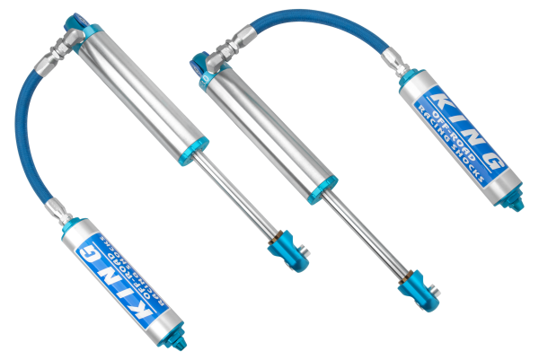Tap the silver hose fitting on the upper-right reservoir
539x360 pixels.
click(393, 57)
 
